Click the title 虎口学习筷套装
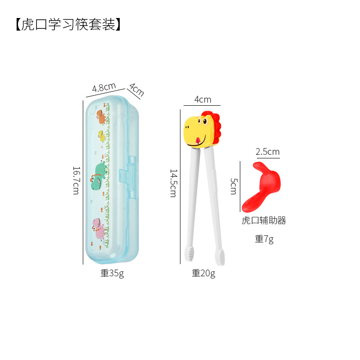tap(68, 24)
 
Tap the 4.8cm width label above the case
tap(104, 87)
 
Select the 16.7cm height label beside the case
tap(76, 180)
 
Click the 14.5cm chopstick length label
tap(172, 183)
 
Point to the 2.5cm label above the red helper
tap(267, 152)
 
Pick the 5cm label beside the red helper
tap(234, 186)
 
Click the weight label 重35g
tap(112, 273)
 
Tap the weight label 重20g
tap(203, 273)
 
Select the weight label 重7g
tap(264, 239)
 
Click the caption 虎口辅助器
tap(264, 220)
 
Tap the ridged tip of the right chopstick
tap(220, 256)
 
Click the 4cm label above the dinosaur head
tap(202, 99)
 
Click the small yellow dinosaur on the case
tap(103, 135)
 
